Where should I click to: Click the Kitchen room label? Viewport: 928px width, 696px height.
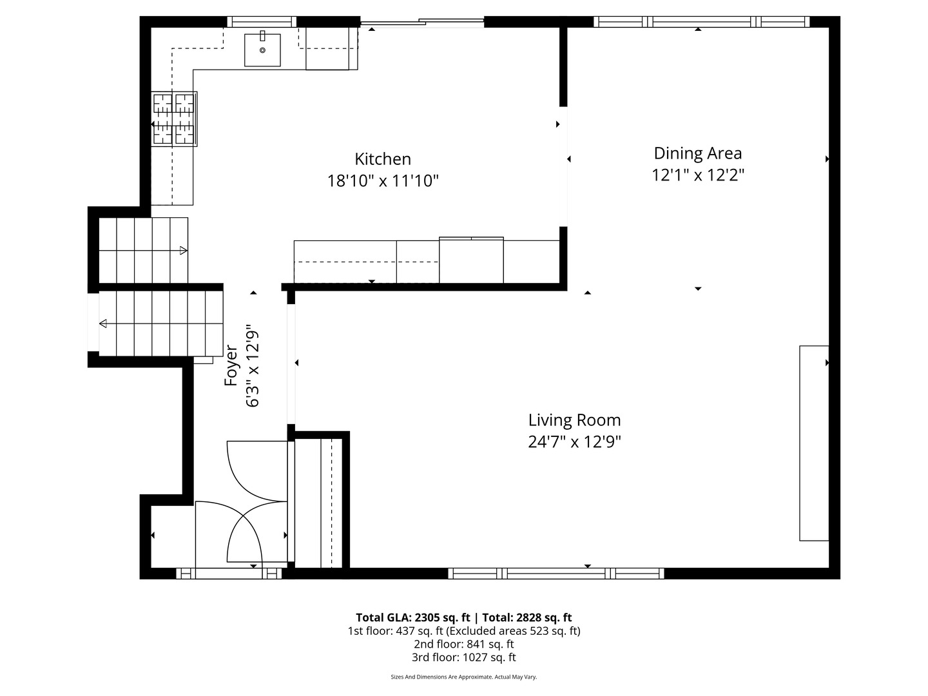point(383,159)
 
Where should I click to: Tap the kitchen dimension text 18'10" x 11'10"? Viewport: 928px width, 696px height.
point(383,181)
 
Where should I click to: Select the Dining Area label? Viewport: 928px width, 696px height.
point(697,153)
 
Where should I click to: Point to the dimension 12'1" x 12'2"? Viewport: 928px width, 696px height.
point(697,175)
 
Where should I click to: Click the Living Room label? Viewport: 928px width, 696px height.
point(574,420)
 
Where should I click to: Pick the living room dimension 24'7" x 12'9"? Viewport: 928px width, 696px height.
point(574,442)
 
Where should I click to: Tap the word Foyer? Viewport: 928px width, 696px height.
point(231,366)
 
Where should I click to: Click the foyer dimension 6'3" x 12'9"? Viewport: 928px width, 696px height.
point(253,366)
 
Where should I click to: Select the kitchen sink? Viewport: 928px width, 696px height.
point(262,50)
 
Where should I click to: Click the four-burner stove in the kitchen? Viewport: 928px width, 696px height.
point(174,119)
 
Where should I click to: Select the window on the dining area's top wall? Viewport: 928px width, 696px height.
point(701,22)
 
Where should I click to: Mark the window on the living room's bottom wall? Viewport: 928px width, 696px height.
point(556,573)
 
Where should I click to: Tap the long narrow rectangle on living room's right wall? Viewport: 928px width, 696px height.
point(814,443)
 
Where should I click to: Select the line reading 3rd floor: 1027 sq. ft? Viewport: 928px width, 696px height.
point(463,657)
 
